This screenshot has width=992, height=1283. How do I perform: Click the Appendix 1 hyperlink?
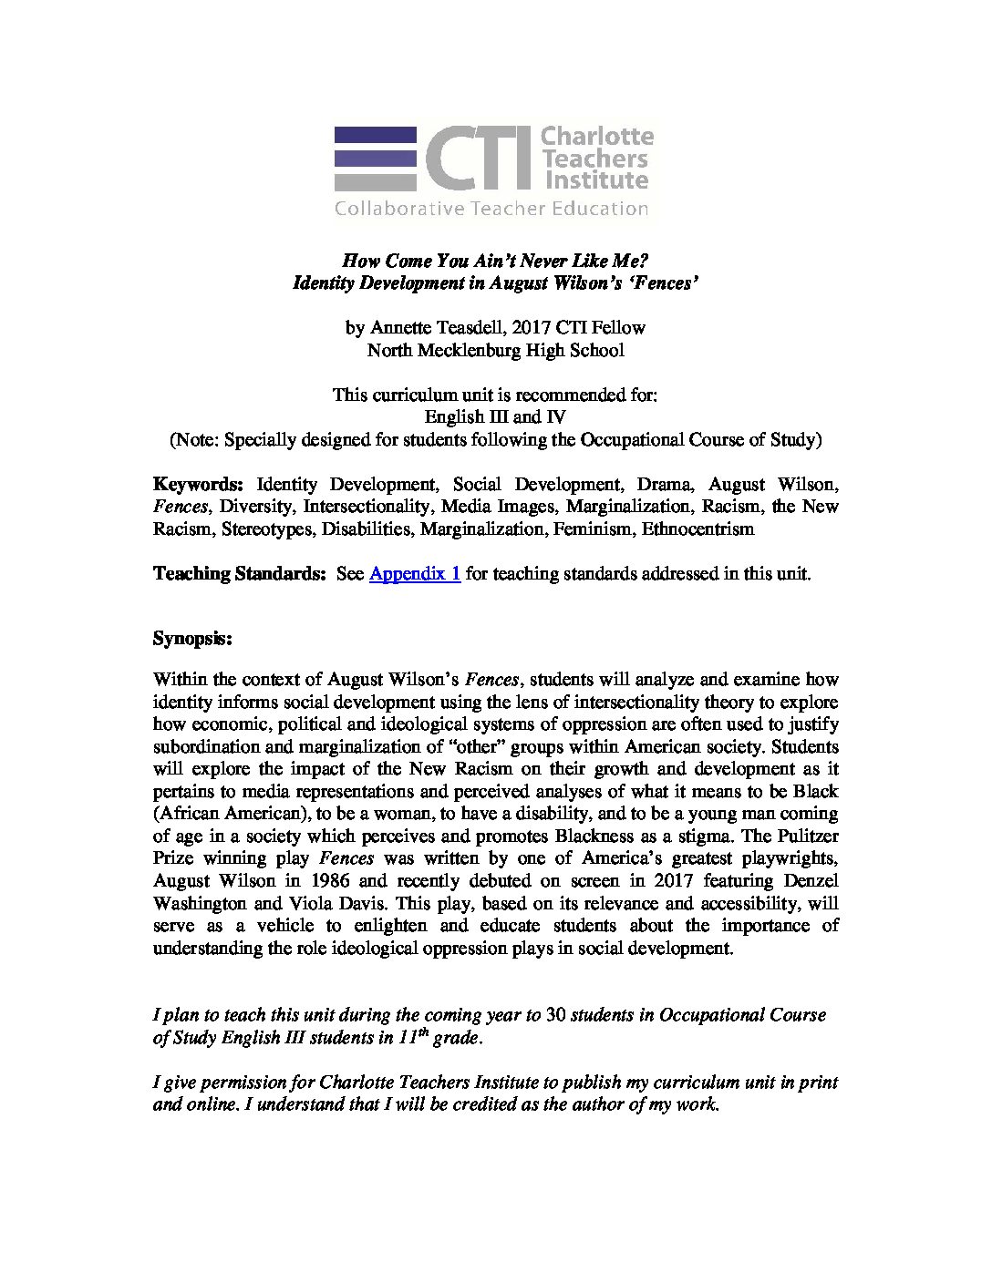pos(414,574)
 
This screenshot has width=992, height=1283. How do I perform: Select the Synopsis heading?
pos(192,639)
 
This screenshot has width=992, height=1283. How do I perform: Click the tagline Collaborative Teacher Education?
pos(491,209)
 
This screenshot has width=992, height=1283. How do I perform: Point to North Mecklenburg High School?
pos(495,349)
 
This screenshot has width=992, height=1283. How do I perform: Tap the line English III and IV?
pos(495,417)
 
